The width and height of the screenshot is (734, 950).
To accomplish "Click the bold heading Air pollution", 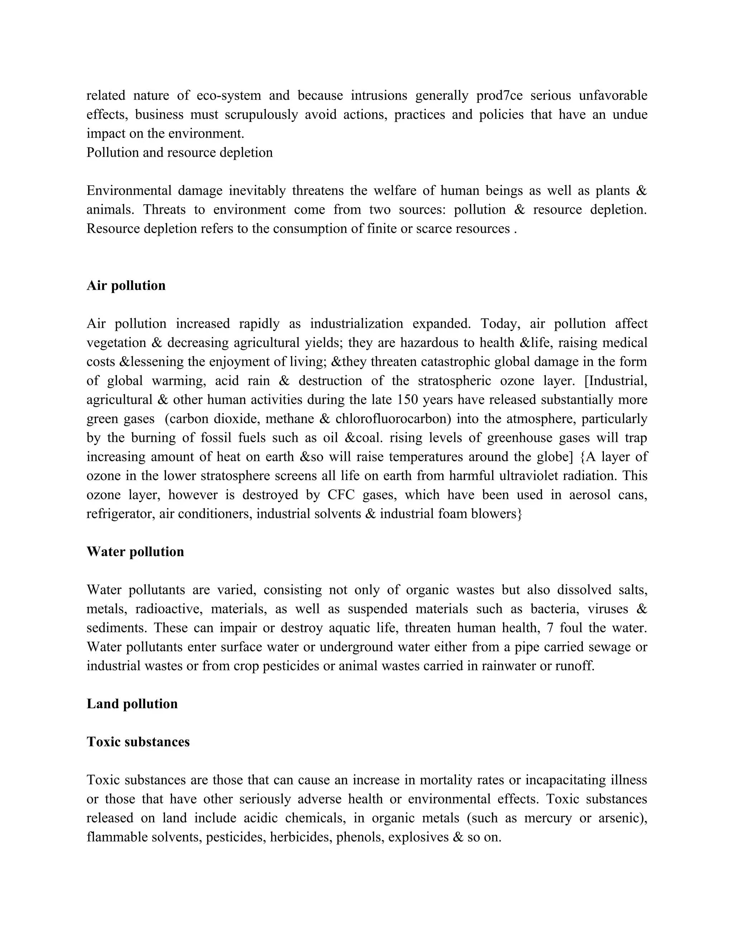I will click(126, 286).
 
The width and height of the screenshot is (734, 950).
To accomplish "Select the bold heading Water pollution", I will click(135, 552).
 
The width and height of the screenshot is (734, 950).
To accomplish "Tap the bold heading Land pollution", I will click(132, 704).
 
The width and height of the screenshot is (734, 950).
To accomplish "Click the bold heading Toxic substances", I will click(138, 742).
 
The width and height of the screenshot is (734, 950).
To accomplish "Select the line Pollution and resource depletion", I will click(180, 153).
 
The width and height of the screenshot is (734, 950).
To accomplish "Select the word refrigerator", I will click(120, 514).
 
